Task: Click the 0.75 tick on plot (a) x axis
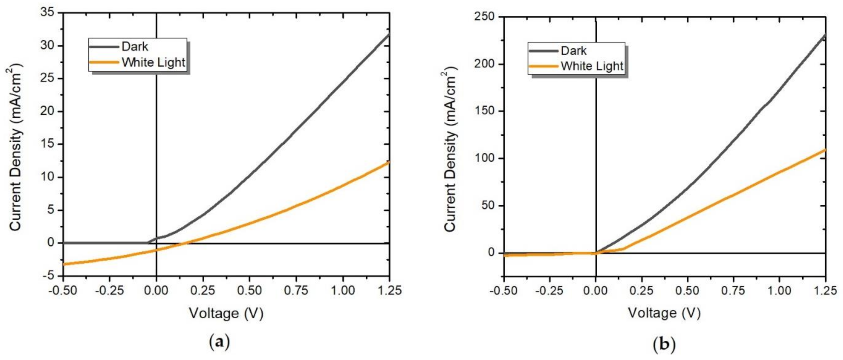(296, 291)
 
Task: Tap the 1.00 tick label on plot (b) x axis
(780, 291)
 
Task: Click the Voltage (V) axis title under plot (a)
(226, 313)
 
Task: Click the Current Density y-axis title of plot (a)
(16, 147)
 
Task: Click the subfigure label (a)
(219, 342)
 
